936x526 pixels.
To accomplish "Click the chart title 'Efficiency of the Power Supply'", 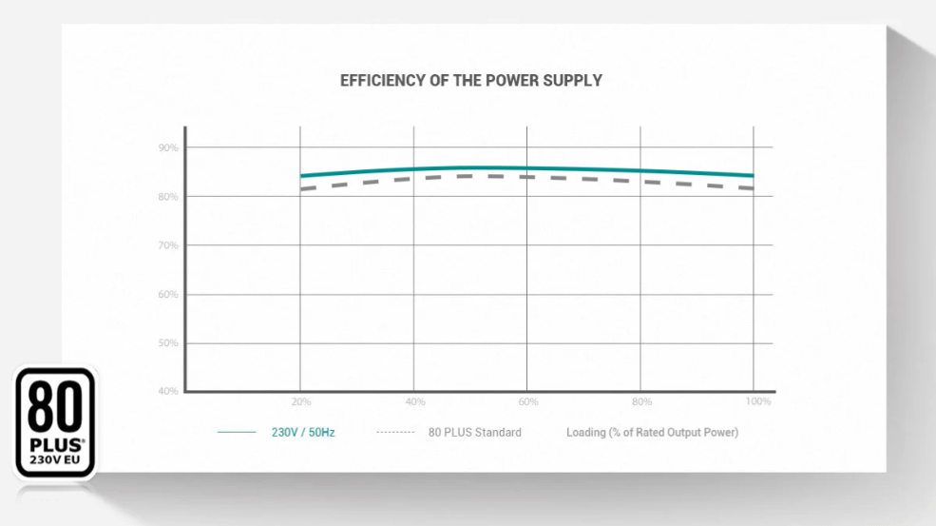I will pos(470,81).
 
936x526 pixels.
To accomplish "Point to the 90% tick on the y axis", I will pos(168,148).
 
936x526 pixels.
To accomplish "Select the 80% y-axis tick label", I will pos(168,197).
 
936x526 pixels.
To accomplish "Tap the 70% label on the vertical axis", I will pos(168,245).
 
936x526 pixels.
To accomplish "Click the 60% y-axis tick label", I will pos(168,295).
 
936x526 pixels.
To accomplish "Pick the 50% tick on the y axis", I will pos(168,343).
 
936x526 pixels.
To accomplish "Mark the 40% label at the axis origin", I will pos(168,392).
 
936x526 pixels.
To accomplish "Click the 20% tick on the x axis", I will pos(300,402).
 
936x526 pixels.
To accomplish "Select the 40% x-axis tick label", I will pos(414,402).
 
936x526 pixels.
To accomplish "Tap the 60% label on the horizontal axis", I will pos(528,402).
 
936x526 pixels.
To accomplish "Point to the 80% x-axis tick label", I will pos(642,402).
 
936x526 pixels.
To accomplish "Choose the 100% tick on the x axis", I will pos(758,402).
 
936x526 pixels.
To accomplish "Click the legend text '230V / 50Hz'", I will pos(303,433).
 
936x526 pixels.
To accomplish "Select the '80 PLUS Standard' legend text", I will pos(474,433).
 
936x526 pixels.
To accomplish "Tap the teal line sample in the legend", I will pos(237,433).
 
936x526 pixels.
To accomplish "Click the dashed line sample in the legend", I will pos(395,433).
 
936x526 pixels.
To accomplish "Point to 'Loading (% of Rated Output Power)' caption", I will pos(652,433).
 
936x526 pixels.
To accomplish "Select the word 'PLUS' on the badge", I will pos(52,445).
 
